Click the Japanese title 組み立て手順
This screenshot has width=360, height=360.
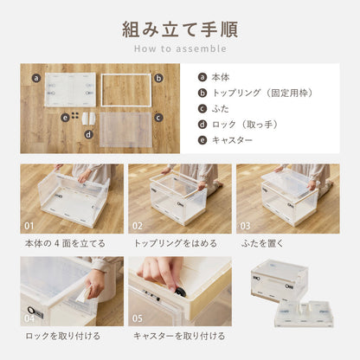[180, 29]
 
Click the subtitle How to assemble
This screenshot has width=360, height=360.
[180, 49]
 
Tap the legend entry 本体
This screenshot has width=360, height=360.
[221, 76]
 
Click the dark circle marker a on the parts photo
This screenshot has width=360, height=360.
[36, 77]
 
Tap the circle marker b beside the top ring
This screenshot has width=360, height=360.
[158, 77]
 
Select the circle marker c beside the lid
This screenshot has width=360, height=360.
[158, 116]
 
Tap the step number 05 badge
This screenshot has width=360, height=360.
[138, 318]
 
